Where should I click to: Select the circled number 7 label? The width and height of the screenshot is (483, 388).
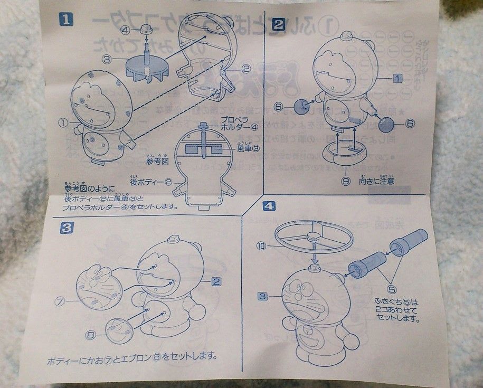pos(60,301)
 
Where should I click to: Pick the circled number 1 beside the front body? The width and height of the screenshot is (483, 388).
pos(63,122)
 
